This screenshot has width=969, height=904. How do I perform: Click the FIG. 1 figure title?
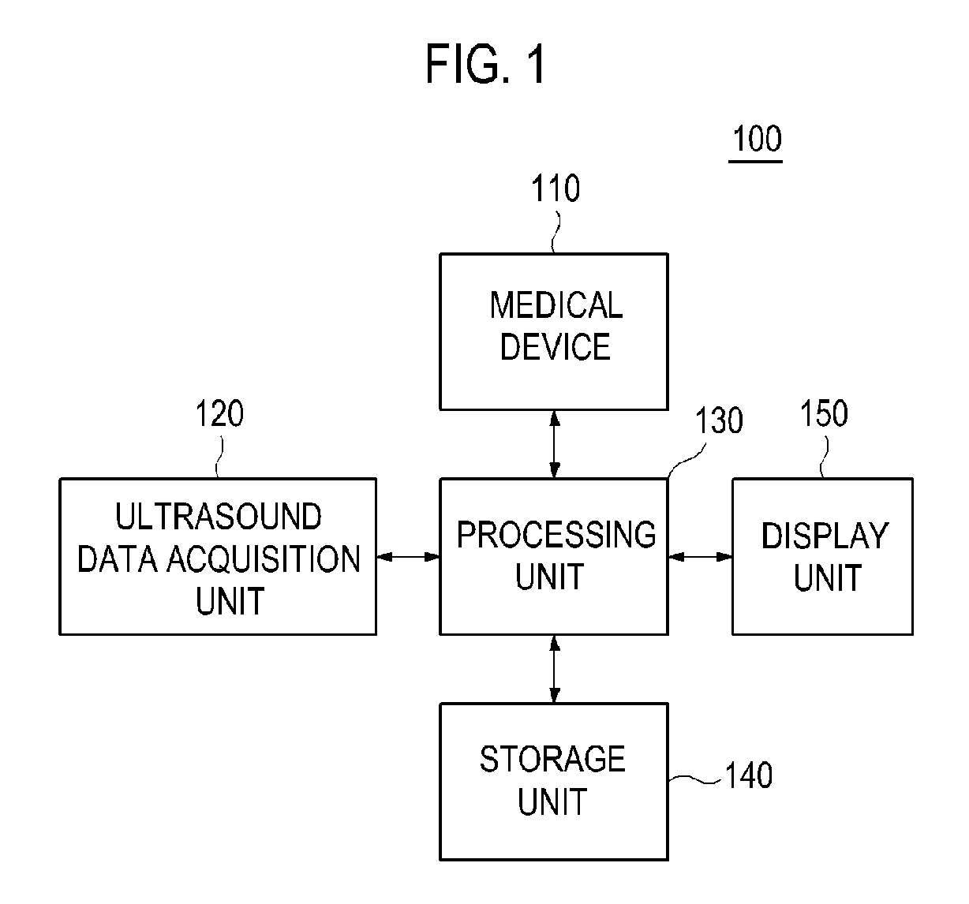click(x=485, y=64)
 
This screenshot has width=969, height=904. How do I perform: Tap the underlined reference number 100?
click(x=757, y=139)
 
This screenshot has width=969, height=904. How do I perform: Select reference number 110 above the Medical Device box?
click(x=556, y=189)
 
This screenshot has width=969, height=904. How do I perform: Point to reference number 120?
click(x=219, y=413)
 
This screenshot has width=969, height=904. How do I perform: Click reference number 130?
click(x=719, y=420)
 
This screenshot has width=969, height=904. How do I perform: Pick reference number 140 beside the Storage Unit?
click(x=749, y=775)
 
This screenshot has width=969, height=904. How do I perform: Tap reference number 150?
click(x=824, y=413)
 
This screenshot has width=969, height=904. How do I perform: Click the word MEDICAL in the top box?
click(x=556, y=305)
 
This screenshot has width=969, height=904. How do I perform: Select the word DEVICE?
click(x=556, y=347)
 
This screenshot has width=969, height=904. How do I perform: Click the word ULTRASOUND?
click(x=218, y=516)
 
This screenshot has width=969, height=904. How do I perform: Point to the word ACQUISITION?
click(x=264, y=558)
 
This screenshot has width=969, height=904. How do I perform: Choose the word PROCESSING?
click(x=556, y=535)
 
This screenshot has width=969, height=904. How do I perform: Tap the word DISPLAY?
click(x=825, y=536)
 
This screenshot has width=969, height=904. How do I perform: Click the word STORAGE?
click(x=552, y=760)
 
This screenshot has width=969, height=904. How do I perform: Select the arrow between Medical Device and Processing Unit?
click(x=554, y=444)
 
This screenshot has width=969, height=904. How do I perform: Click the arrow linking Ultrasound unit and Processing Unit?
click(x=408, y=557)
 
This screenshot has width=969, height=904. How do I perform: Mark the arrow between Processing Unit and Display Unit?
click(x=700, y=557)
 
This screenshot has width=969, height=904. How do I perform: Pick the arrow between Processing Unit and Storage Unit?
click(x=554, y=670)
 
